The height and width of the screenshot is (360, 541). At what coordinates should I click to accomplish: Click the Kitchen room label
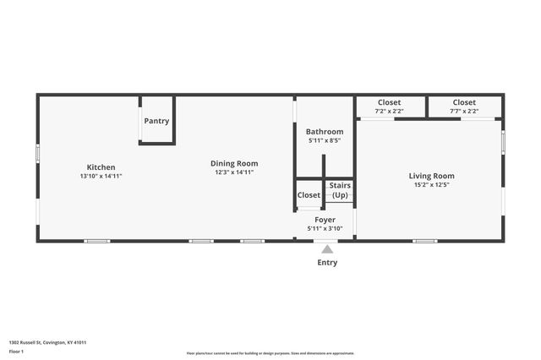101,167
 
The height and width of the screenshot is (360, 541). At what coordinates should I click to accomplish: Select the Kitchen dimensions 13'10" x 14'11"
101,176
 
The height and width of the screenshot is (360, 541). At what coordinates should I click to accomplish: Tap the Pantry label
156,121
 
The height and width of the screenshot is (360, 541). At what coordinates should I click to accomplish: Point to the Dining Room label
234,163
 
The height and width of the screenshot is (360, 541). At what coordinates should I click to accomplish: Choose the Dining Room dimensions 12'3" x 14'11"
234,172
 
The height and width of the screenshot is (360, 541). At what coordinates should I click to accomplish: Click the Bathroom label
325,132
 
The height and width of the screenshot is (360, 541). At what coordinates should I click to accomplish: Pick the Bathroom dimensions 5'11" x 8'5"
325,140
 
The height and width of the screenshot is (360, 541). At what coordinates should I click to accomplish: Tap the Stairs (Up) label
340,190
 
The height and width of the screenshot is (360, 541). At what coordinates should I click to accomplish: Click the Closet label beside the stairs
309,195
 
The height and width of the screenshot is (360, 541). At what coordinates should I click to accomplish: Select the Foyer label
325,219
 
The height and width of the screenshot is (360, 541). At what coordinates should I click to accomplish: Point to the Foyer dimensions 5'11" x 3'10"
325,227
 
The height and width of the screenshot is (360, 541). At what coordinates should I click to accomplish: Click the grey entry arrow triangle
327,248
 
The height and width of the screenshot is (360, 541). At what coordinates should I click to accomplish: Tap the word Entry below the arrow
327,263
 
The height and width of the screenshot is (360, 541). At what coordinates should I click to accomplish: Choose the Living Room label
431,176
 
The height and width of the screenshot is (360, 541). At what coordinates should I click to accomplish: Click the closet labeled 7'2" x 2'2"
389,106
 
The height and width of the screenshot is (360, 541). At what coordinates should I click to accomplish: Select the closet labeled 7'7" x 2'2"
464,106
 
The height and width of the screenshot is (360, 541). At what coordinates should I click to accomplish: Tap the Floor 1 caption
16,351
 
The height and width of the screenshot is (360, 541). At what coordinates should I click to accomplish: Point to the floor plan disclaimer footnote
270,353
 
